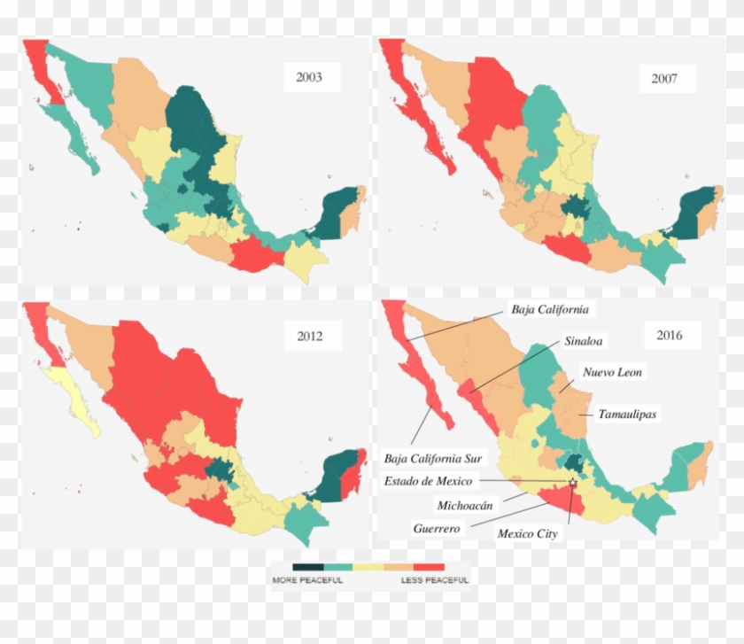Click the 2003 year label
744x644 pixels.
click(x=309, y=77)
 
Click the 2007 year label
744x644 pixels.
click(x=664, y=79)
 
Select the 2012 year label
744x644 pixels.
click(x=309, y=336)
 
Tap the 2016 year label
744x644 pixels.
click(x=669, y=336)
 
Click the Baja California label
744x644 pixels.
click(x=549, y=310)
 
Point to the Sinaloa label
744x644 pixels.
click(x=585, y=340)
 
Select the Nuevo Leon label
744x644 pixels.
click(x=612, y=373)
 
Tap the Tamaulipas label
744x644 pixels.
click(x=627, y=414)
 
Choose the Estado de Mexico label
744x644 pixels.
click(x=428, y=481)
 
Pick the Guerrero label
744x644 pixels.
click(x=436, y=528)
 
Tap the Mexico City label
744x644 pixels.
click(x=527, y=534)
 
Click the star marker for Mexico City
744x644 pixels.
click(x=572, y=482)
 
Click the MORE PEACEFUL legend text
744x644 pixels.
click(x=306, y=580)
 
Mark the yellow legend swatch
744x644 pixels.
click(x=368, y=567)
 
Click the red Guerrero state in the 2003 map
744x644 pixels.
click(x=257, y=257)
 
